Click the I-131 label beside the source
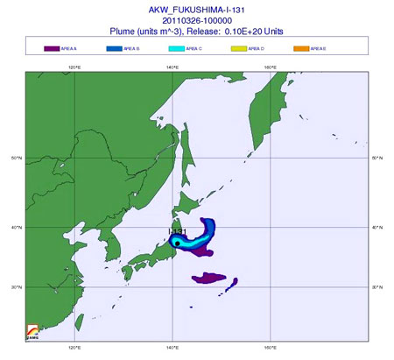176,232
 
